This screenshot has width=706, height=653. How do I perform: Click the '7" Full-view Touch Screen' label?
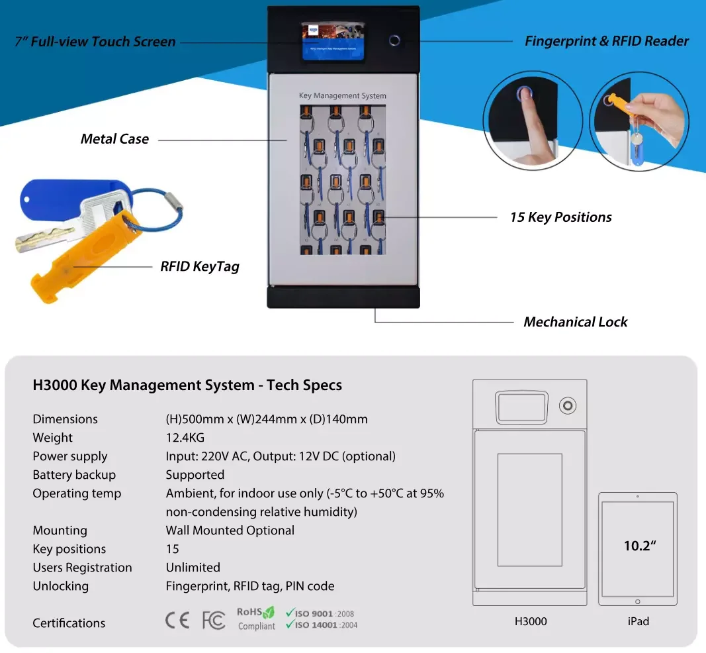click(x=95, y=42)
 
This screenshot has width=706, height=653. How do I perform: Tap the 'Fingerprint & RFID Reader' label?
click(x=606, y=41)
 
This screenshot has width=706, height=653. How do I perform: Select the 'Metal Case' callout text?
click(x=114, y=139)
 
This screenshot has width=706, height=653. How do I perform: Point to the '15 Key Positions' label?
click(x=560, y=217)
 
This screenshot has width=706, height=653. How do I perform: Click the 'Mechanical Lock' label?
click(x=575, y=322)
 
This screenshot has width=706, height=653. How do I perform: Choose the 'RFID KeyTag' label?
click(x=199, y=267)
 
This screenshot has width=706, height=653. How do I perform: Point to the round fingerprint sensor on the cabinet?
click(x=394, y=40)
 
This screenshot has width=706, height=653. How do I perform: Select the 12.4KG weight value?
click(x=185, y=438)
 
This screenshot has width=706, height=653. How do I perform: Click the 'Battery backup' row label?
click(x=74, y=475)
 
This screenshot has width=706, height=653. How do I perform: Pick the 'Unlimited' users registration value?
click(x=193, y=568)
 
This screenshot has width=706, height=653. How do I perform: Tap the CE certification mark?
click(x=177, y=620)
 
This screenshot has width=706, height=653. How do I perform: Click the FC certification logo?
click(x=214, y=620)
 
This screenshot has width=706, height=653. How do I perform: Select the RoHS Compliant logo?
click(x=255, y=619)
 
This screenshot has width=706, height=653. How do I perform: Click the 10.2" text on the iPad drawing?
click(x=639, y=546)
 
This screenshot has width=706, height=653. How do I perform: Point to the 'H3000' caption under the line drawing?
click(x=530, y=621)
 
